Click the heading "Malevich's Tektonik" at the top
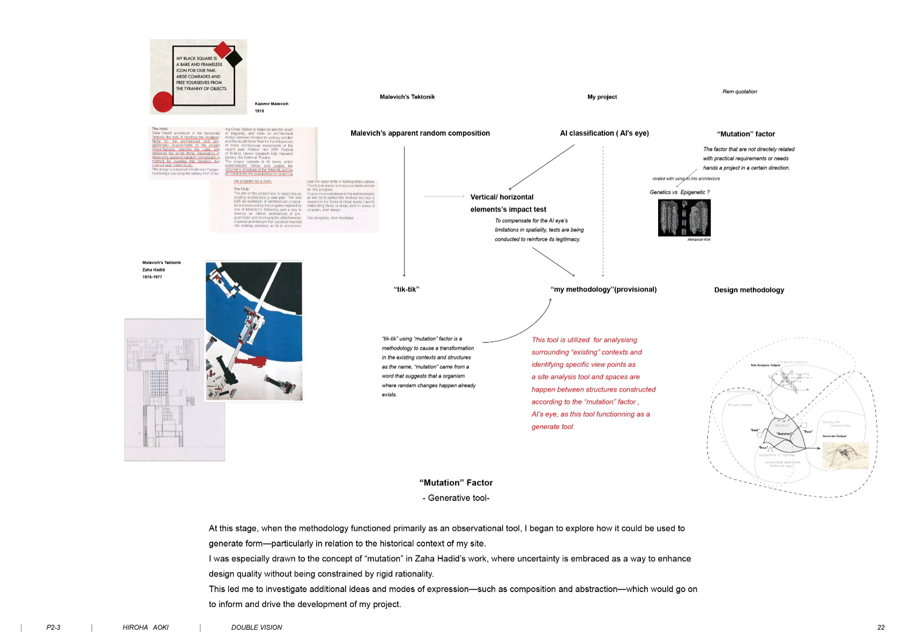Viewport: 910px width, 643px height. coord(407,97)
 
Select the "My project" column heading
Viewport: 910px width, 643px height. coord(602,97)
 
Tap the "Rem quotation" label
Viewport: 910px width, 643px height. coord(740,92)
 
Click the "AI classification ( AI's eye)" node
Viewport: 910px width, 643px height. coord(604,133)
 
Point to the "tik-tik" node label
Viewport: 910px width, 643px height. coord(406,289)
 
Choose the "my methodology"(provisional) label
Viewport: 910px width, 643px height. coord(603,289)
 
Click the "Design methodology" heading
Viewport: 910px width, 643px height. coord(749,290)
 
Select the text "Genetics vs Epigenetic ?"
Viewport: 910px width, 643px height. coord(679,192)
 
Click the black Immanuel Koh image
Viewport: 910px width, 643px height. coord(684,218)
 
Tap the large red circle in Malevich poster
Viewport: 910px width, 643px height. coord(163,102)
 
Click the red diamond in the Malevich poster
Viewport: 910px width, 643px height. coord(222,51)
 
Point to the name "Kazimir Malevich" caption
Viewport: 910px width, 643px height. coord(271,104)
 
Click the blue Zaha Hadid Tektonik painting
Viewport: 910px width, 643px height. coord(254,331)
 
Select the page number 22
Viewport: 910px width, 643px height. coord(881,627)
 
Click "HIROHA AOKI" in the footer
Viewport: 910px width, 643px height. coord(145,627)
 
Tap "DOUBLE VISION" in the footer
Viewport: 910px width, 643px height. coord(256,627)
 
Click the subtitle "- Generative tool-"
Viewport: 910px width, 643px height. coord(456,498)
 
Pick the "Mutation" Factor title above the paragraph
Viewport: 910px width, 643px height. coord(456,483)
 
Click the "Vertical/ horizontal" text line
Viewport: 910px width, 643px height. coord(502,197)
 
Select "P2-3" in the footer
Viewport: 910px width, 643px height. coord(53,627)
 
